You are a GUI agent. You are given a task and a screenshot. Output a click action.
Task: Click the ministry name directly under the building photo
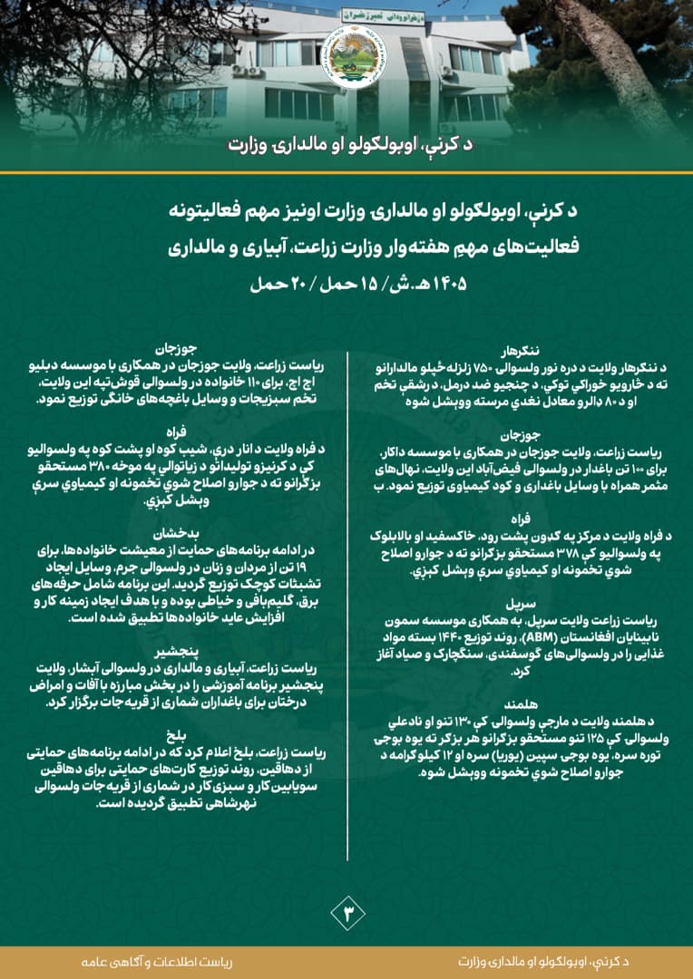coord(346,145)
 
